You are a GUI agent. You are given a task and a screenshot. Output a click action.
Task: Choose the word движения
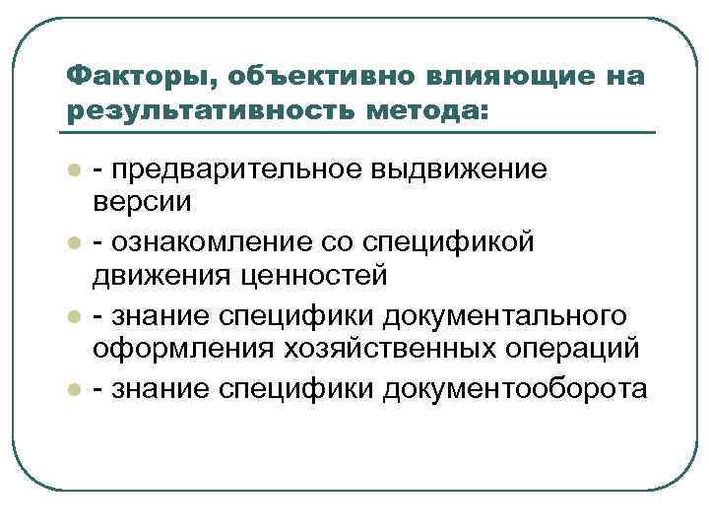(x=159, y=277)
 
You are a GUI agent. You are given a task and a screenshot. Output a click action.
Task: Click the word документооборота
(x=521, y=389)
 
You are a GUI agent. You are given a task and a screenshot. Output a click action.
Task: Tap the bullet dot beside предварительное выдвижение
(x=73, y=171)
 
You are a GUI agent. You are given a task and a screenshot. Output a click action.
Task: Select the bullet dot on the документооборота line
(x=73, y=390)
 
